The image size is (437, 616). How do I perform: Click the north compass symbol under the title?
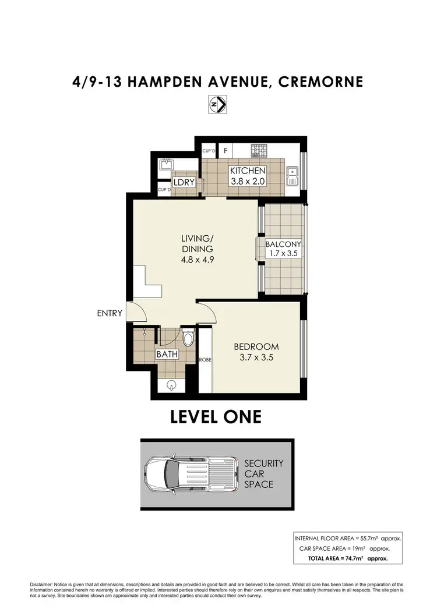pyautogui.click(x=218, y=105)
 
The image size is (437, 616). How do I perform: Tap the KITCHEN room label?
pyautogui.click(x=248, y=171)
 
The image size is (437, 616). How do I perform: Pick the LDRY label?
pyautogui.click(x=184, y=182)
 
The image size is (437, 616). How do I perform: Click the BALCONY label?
pyautogui.click(x=283, y=245)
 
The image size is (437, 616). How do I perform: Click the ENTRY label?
pyautogui.click(x=110, y=313)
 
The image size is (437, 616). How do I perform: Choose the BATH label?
pyautogui.click(x=167, y=354)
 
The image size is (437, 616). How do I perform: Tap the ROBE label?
pyautogui.click(x=205, y=360)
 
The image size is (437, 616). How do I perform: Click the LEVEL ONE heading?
pyautogui.click(x=215, y=417)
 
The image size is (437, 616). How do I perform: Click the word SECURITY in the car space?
pyautogui.click(x=263, y=463)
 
